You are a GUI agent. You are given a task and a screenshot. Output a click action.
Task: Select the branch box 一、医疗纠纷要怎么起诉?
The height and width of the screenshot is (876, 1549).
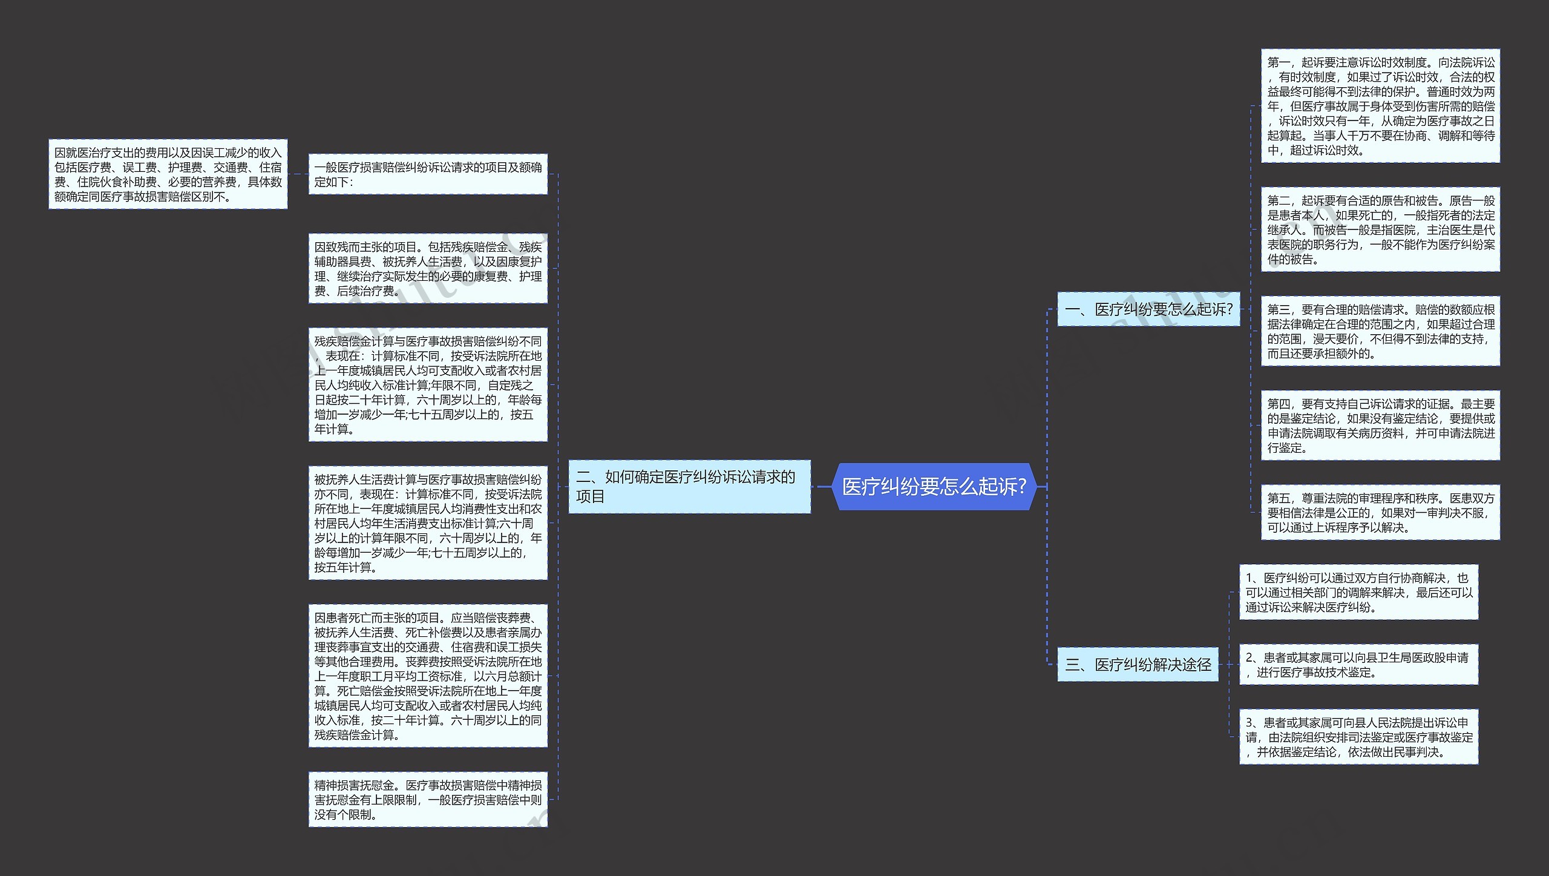tap(1148, 309)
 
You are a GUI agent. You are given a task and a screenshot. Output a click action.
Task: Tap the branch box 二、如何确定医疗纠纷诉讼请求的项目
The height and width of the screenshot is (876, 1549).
tap(689, 487)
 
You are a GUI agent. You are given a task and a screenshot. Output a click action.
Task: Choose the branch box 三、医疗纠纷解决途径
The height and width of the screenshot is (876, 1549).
tap(1138, 665)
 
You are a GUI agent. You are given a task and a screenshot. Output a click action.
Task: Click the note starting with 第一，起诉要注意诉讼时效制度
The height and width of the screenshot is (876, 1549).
tap(1380, 106)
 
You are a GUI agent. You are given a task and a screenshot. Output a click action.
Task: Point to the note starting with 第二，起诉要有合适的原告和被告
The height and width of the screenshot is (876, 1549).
tap(1380, 229)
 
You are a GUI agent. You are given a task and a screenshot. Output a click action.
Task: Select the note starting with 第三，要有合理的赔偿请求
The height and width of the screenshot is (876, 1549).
tap(1380, 331)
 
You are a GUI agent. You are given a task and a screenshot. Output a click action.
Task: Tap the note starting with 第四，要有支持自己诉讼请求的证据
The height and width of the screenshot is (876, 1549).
tap(1380, 426)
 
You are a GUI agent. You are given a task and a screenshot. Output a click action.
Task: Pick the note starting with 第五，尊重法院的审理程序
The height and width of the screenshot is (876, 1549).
tap(1380, 512)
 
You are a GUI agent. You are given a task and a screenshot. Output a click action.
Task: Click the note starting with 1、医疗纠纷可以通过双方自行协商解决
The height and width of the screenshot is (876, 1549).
tap(1358, 592)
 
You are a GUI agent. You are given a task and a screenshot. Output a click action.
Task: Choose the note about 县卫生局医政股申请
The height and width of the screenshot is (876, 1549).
tap(1358, 665)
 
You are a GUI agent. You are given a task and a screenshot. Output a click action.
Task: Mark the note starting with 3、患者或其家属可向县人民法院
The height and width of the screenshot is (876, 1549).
tap(1358, 737)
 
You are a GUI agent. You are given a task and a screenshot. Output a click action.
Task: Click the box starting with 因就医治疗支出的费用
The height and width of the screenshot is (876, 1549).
tap(168, 174)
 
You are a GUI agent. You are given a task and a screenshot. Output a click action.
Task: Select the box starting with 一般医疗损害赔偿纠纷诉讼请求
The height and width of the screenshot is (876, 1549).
tap(428, 174)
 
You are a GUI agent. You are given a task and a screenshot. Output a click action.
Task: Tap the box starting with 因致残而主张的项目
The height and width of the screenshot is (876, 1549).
tap(428, 268)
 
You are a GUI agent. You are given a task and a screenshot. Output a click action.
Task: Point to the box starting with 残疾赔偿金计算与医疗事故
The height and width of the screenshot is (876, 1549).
tap(428, 385)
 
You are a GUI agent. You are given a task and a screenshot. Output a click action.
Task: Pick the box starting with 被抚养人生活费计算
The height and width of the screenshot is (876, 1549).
tap(428, 523)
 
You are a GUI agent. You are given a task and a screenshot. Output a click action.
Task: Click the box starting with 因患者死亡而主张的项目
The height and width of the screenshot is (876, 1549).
tap(428, 676)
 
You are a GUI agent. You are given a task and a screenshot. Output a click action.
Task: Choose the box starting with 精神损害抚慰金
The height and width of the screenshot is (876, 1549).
tap(428, 799)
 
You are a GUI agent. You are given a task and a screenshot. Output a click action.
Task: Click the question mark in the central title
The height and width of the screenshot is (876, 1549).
tap(1021, 486)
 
